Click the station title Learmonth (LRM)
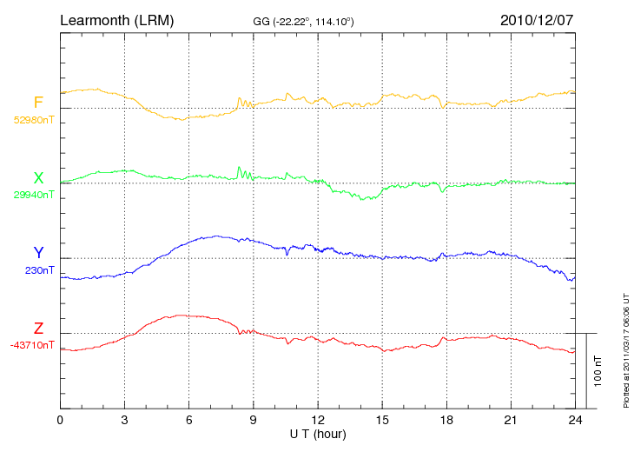pos(116,19)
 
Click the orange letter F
pos(38,103)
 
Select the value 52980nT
pos(33,120)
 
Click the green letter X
pos(38,178)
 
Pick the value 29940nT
pos(33,196)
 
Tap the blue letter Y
pos(38,253)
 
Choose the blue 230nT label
pos(40,270)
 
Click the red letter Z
pos(38,329)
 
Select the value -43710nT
pos(33,345)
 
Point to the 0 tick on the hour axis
pos(60,420)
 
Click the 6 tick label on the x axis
pos(188,420)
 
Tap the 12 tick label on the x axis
pos(318,420)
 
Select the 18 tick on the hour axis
pos(446,420)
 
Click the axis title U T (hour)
pos(318,433)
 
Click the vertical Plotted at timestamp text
pos(625,348)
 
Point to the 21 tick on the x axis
pos(511,420)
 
